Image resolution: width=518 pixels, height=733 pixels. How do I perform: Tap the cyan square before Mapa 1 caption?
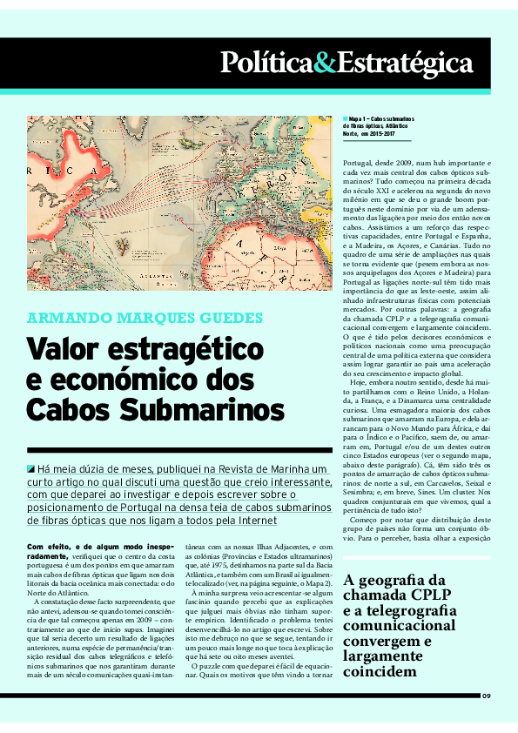pyautogui.click(x=345, y=118)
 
